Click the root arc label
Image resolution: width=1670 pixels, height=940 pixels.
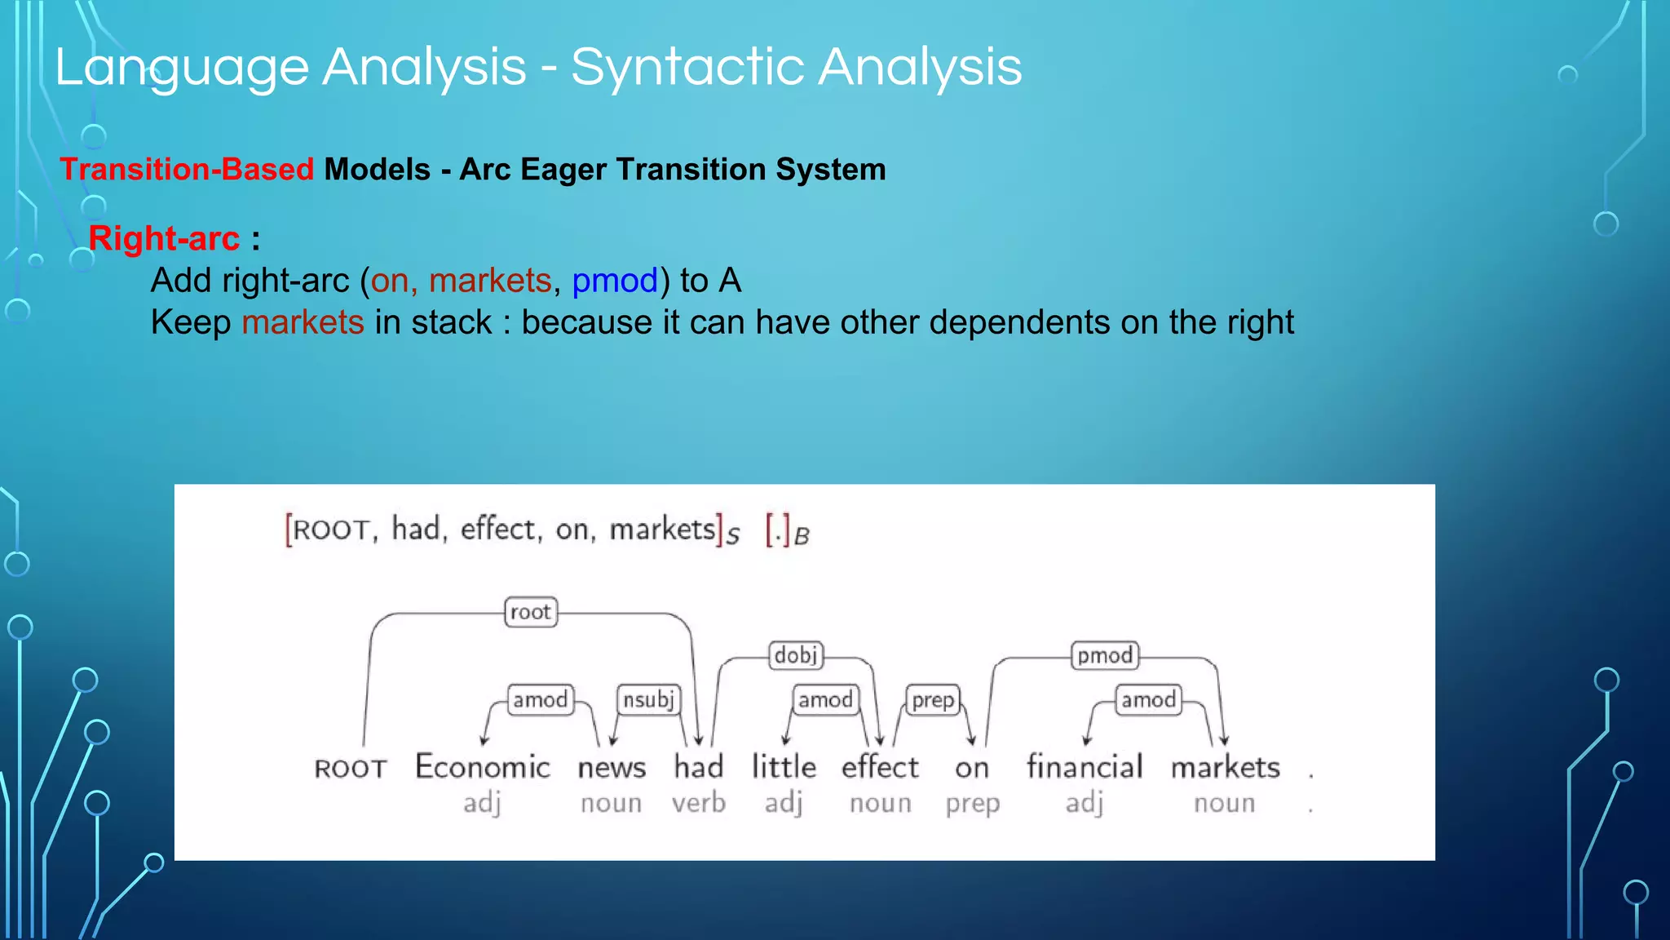[531, 612]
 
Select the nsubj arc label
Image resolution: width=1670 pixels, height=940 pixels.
[648, 699]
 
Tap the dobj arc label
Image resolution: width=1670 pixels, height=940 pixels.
[796, 654]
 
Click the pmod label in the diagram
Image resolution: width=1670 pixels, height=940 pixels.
[1105, 655]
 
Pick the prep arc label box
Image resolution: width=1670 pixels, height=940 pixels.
[933, 700]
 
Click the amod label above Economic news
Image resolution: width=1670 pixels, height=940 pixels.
[540, 699]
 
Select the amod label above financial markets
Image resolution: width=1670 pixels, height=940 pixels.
[1148, 699]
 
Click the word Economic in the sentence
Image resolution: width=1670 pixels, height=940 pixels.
[483, 767]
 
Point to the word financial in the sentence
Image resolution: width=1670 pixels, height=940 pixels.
[1085, 767]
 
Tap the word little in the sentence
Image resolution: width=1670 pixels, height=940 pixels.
[784, 767]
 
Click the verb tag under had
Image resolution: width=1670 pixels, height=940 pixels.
[699, 803]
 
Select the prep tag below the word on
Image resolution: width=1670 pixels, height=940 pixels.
[972, 804]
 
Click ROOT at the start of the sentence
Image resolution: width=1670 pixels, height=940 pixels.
[351, 769]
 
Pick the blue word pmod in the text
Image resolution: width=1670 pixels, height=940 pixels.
[615, 281]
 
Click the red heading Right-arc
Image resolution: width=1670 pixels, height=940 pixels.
[164, 238]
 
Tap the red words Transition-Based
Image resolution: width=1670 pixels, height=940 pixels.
[187, 170]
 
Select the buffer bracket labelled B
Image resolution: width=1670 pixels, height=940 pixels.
[787, 532]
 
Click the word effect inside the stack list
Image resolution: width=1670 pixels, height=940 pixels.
[499, 529]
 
